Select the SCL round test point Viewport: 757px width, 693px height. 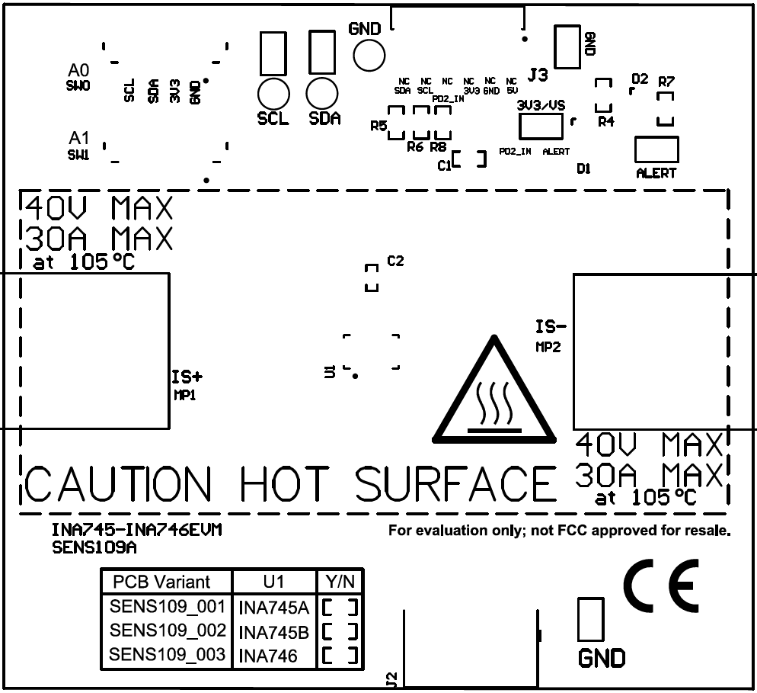click(273, 94)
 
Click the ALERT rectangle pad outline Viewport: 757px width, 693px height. click(656, 149)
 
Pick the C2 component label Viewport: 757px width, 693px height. click(395, 261)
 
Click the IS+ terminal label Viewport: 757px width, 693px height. click(187, 376)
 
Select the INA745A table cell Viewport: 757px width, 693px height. click(273, 608)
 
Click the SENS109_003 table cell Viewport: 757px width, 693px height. click(168, 654)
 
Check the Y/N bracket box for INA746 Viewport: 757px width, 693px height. click(339, 655)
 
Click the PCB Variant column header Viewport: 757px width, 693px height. click(161, 582)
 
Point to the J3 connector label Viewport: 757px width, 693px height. click(538, 75)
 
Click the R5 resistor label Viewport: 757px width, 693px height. click(378, 126)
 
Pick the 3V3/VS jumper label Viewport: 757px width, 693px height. click(541, 104)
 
